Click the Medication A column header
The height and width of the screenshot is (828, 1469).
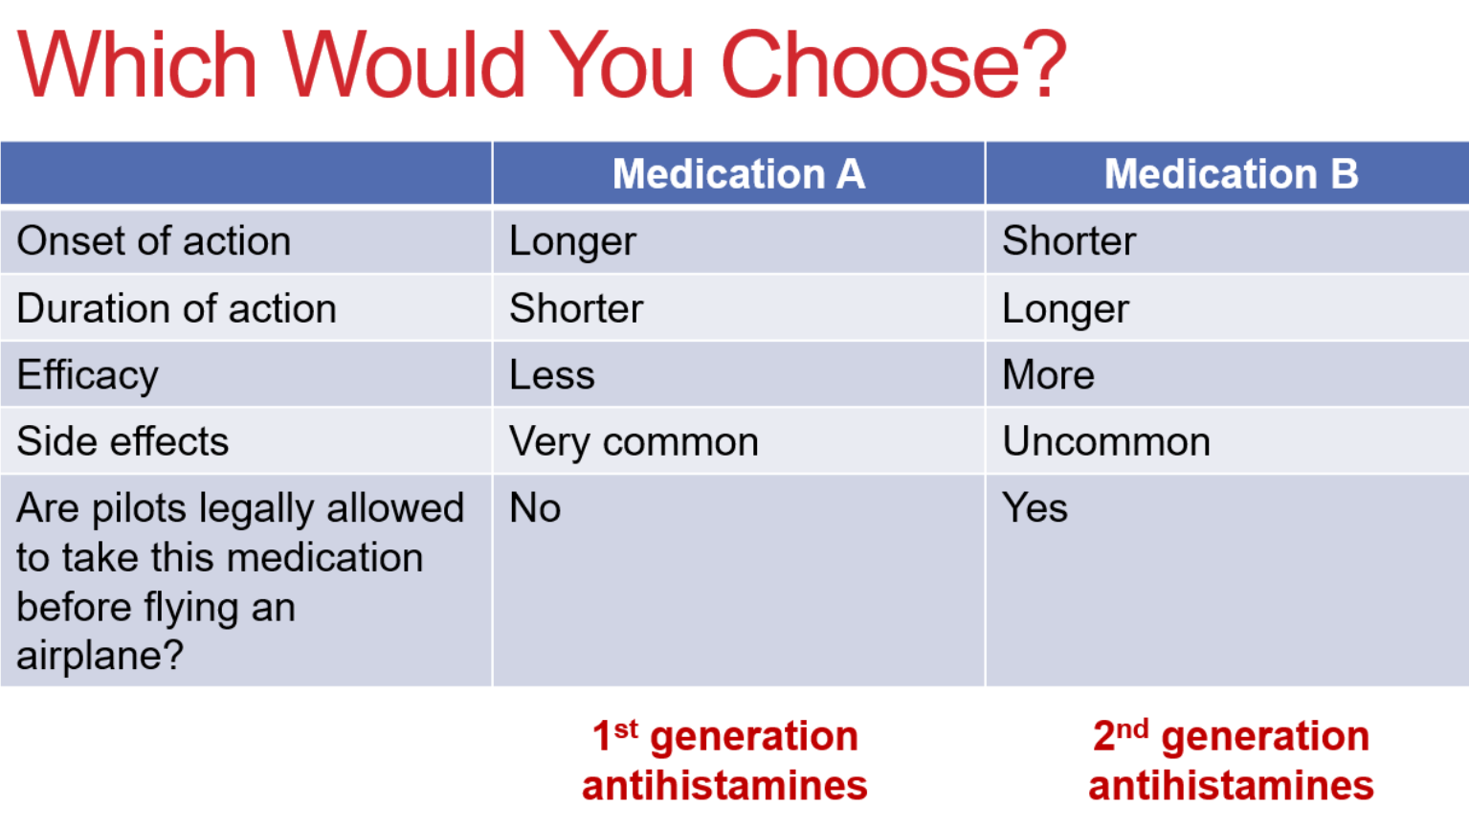738,174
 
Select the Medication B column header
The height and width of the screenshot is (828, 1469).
1231,174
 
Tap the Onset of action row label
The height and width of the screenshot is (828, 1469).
154,241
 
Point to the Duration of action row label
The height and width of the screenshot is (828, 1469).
177,309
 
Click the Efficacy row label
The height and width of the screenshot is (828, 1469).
87,375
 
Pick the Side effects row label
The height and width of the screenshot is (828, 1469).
122,442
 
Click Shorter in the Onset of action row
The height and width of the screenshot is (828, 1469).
1069,241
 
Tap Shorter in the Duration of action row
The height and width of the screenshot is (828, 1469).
576,309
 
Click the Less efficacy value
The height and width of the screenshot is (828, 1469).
552,375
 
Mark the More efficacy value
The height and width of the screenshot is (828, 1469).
1048,375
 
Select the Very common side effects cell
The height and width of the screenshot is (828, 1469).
634,442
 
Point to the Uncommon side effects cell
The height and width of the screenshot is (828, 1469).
1106,442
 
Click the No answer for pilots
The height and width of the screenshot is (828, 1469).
535,508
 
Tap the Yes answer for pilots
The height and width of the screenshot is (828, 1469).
1035,508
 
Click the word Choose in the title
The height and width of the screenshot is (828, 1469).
892,65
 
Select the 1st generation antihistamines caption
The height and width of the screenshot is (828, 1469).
724,761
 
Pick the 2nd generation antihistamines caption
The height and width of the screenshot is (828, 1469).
1231,761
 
